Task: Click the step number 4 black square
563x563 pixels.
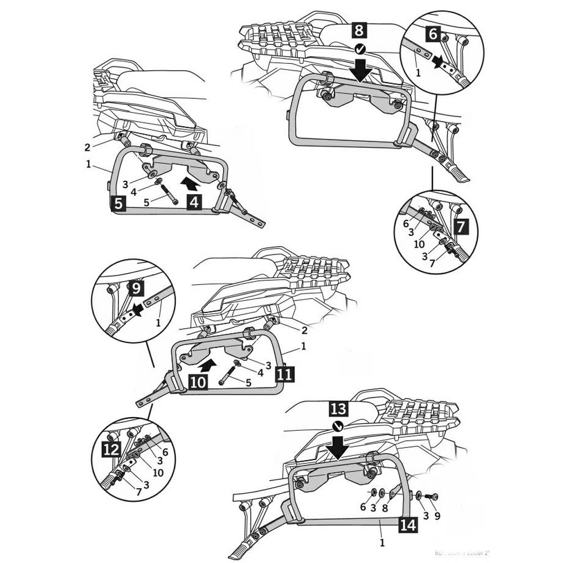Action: (194, 202)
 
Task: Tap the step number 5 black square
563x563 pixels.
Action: (117, 203)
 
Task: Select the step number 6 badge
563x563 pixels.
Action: (433, 34)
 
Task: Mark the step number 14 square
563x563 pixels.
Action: (409, 525)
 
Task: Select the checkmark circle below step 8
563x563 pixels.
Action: (360, 50)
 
